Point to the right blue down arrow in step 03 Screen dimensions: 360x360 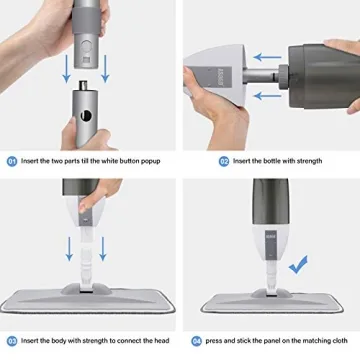(x=104, y=249)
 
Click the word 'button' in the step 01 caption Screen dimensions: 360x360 (x=141, y=160)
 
